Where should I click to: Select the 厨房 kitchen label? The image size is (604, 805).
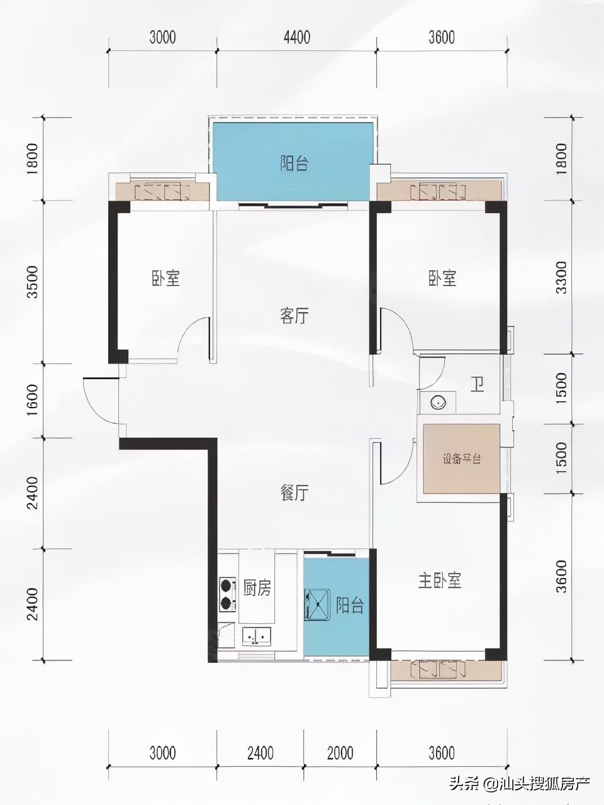(257, 588)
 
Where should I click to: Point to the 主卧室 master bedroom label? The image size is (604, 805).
(440, 580)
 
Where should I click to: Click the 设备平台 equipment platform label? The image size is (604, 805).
(461, 458)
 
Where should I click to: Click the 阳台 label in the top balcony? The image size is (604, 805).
(294, 164)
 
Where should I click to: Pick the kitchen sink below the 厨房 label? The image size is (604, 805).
(257, 636)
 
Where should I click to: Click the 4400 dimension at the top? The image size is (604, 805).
(296, 38)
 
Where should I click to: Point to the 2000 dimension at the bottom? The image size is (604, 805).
(340, 752)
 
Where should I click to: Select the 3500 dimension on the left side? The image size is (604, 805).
(33, 282)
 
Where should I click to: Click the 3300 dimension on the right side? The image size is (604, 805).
(561, 278)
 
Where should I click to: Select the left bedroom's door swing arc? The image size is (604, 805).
(194, 340)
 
